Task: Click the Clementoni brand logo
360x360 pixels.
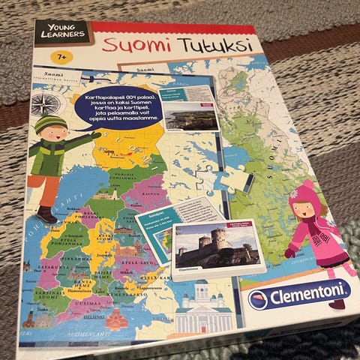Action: pyautogui.click(x=299, y=295)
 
